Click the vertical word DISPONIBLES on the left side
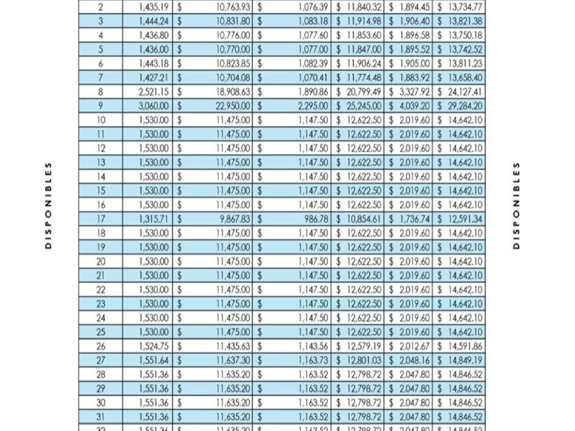(x=47, y=205)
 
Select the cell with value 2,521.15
(x=153, y=92)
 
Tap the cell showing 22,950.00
(x=233, y=106)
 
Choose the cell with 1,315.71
(x=153, y=219)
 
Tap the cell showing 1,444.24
(x=153, y=21)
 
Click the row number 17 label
(x=101, y=219)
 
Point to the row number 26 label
(x=101, y=346)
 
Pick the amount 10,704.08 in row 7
(x=233, y=78)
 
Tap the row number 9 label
(x=101, y=106)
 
